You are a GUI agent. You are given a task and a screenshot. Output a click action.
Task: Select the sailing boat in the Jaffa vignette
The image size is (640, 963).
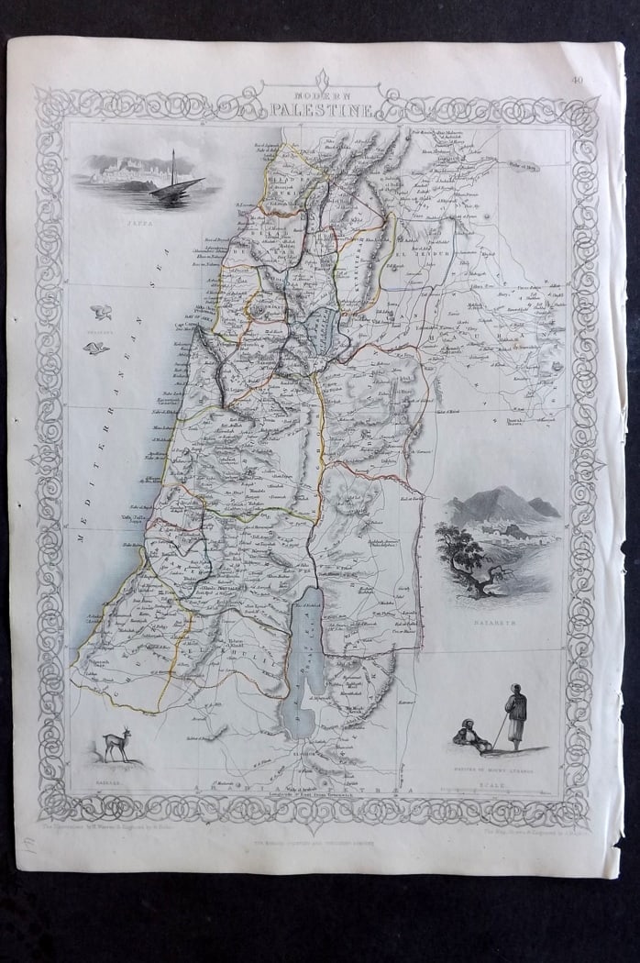(174, 182)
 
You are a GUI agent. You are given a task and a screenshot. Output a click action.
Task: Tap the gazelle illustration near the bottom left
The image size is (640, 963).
(116, 743)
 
